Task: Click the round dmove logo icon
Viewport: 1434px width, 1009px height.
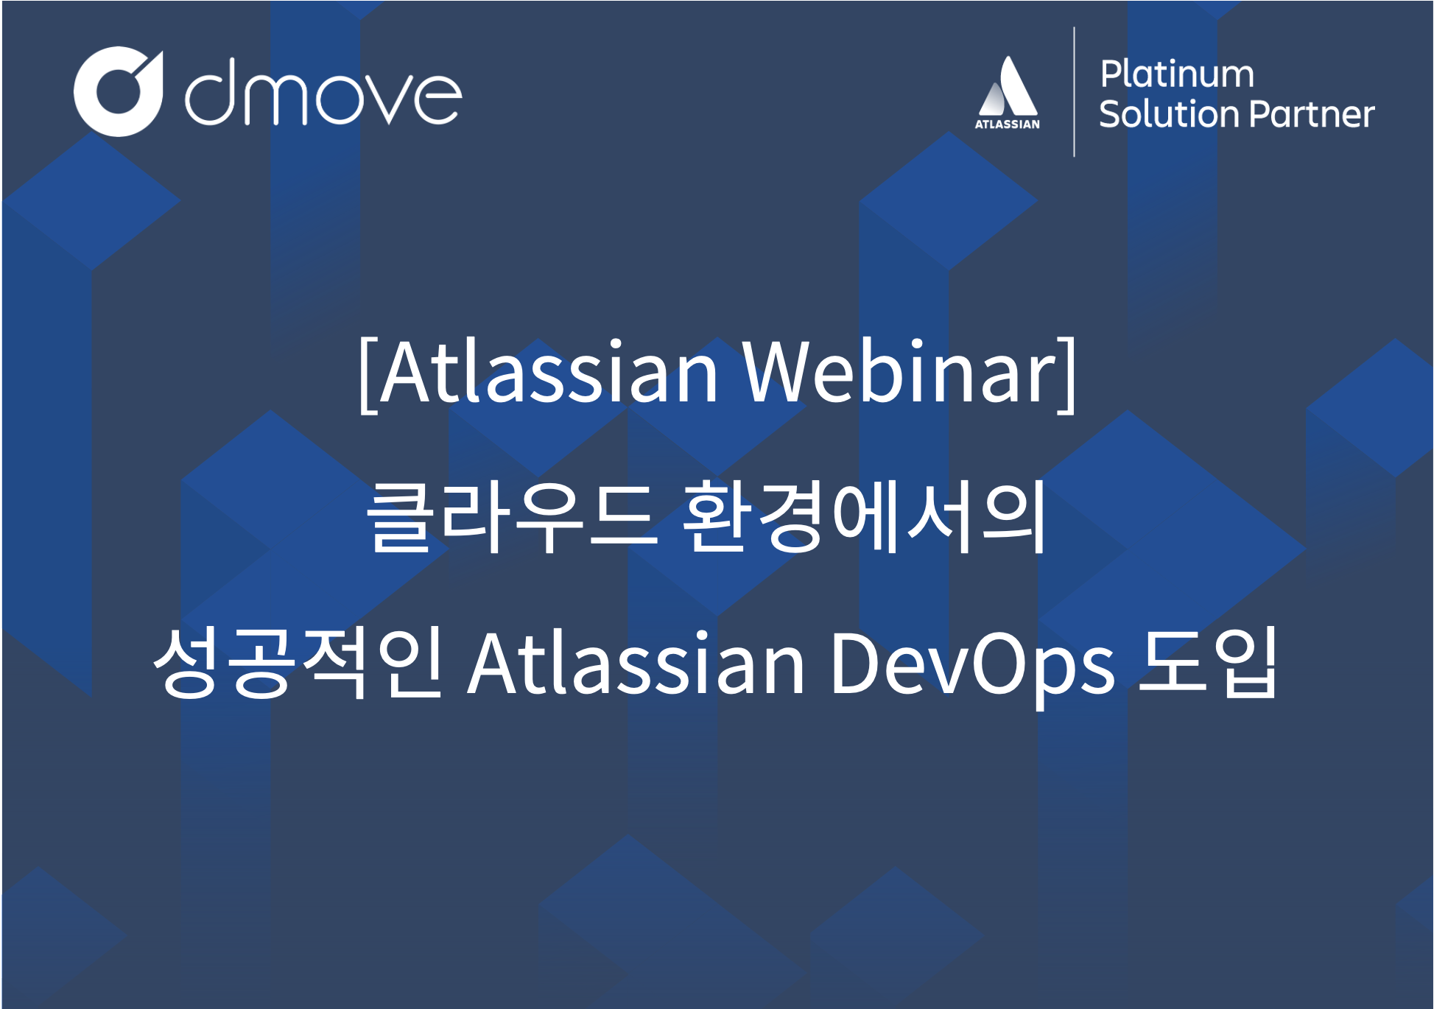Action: pyautogui.click(x=118, y=92)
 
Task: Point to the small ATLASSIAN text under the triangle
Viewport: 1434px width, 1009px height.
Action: pyautogui.click(x=1007, y=124)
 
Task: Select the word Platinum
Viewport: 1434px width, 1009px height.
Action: pyautogui.click(x=1176, y=74)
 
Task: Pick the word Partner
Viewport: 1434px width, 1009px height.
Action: pyautogui.click(x=1312, y=114)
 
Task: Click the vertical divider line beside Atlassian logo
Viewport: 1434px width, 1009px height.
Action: pyautogui.click(x=1074, y=92)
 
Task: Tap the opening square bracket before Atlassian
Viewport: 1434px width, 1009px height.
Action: pyautogui.click(x=368, y=376)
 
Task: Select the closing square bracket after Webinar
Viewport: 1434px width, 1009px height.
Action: pyautogui.click(x=1068, y=376)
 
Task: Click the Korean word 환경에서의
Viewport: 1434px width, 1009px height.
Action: pyautogui.click(x=863, y=517)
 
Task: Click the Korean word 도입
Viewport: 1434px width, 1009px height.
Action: pyautogui.click(x=1206, y=661)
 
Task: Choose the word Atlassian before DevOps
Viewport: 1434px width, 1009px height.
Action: pyautogui.click(x=636, y=666)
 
